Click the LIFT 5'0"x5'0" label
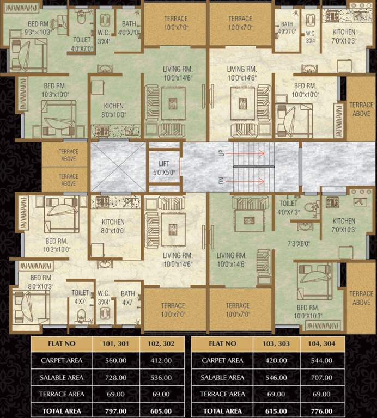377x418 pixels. tap(164, 168)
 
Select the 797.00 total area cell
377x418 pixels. tap(115, 411)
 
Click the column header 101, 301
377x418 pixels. tap(115, 343)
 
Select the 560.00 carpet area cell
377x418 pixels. tap(115, 360)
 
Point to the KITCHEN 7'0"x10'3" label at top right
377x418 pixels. tap(344, 36)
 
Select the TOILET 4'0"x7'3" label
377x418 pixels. tap(288, 207)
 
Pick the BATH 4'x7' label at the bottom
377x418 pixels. tap(128, 298)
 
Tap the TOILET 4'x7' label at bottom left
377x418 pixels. tap(80, 297)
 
